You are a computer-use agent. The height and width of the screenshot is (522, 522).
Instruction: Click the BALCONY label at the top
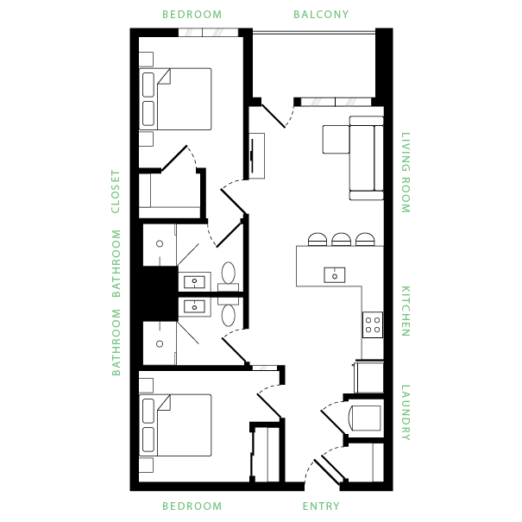pos(321,14)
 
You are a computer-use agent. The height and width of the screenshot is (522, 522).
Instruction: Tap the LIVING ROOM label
pos(405,173)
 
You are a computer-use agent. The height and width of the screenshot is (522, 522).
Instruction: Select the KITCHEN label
pos(405,311)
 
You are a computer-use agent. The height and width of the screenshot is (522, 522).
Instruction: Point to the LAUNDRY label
pos(405,412)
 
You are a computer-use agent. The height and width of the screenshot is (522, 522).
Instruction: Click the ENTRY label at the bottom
pos(321,506)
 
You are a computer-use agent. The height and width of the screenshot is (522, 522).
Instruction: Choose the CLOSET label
pos(116,192)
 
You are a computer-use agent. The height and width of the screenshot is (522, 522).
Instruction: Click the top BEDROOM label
pos(192,14)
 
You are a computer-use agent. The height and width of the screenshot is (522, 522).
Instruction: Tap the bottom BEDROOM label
pos(192,506)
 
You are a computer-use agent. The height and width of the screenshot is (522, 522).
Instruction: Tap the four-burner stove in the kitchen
pos(373,324)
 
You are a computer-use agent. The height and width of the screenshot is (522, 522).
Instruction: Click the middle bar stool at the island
pos(342,239)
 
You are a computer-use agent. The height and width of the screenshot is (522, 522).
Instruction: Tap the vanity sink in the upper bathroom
pos(194,281)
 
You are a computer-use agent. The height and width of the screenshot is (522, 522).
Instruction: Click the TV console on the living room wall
pos(256,155)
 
